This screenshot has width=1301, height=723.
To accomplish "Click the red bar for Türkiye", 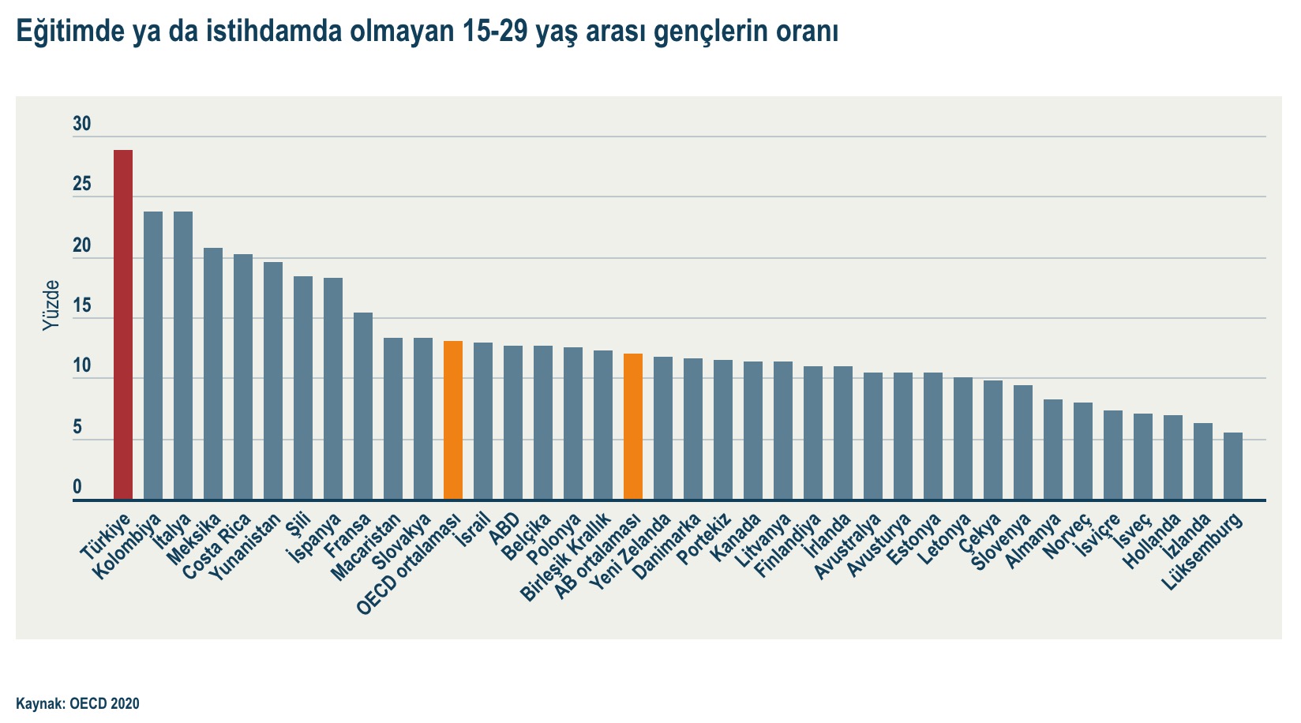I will tap(123, 324).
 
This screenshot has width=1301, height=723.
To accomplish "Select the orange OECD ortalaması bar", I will tap(453, 420).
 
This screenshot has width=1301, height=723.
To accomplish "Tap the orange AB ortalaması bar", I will tap(633, 426).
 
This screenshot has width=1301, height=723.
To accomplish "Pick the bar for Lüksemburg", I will tap(1233, 466).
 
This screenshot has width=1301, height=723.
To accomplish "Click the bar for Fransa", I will tap(363, 406).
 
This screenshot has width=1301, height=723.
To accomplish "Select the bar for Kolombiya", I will tap(153, 355).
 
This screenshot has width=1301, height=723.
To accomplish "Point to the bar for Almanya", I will tap(1053, 449).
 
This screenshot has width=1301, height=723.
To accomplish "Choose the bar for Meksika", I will tap(213, 373).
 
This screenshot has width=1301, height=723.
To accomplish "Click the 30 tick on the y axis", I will tap(82, 124).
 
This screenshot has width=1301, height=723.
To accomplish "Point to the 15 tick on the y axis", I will tap(82, 306).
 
